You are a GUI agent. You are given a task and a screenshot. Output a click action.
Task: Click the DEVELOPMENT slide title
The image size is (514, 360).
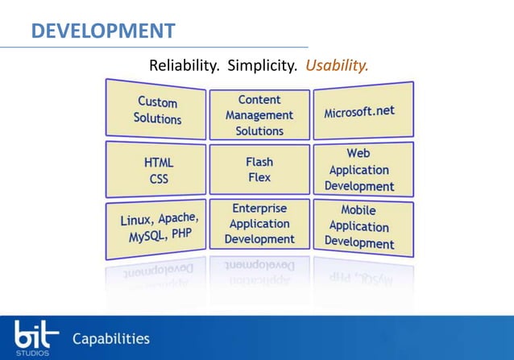pos(103,31)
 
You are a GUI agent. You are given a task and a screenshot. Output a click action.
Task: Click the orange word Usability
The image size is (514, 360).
pos(337,65)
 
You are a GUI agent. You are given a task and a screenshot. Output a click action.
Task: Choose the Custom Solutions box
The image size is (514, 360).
pos(158,110)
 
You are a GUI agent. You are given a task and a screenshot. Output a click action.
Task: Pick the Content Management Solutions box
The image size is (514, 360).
pos(259,115)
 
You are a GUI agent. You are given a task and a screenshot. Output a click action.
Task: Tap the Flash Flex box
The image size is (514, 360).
pos(259,169)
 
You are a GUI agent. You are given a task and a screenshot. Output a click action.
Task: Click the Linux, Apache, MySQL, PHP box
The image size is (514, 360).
pos(159,229)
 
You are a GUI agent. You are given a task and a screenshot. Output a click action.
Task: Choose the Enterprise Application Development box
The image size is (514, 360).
pos(259,224)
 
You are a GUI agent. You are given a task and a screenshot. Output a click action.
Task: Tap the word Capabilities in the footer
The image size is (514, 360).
pos(111,338)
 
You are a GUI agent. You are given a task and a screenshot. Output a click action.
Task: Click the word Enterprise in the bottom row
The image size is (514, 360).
pos(259,208)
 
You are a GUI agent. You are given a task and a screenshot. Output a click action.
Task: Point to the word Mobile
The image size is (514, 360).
pos(359,210)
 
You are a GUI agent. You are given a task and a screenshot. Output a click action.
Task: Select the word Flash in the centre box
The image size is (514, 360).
pos(259,161)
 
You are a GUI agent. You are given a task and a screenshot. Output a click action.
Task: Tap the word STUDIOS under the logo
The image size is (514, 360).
pos(33,353)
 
